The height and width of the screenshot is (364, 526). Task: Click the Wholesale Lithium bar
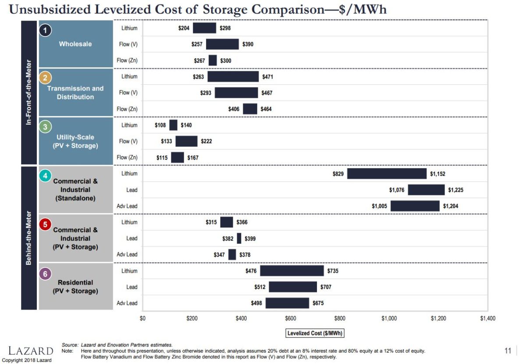(x=205, y=28)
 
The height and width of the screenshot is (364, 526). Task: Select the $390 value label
(x=248, y=44)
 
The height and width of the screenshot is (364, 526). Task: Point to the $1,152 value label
(x=437, y=174)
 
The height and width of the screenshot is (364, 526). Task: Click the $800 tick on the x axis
(x=340, y=318)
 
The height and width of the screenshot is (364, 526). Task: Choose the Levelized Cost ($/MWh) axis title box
(x=315, y=333)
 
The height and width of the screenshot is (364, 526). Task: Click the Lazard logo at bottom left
(x=31, y=350)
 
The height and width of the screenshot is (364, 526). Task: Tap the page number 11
(x=508, y=350)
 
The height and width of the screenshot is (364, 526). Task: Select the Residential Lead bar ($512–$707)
(x=293, y=287)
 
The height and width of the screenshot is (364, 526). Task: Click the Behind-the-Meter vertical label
(x=29, y=238)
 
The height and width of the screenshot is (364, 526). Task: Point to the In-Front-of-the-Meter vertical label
(x=29, y=92)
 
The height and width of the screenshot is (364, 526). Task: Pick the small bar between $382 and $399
(x=239, y=238)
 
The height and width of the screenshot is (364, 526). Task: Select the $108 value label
(x=161, y=125)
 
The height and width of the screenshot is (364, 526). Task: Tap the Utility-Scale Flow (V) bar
(x=186, y=141)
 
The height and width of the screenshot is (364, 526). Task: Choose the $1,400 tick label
(x=487, y=318)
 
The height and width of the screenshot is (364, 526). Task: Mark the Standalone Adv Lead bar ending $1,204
(x=415, y=206)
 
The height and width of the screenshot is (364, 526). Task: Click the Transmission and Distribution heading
(x=75, y=93)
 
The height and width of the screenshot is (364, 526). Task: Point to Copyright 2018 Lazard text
(x=27, y=360)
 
